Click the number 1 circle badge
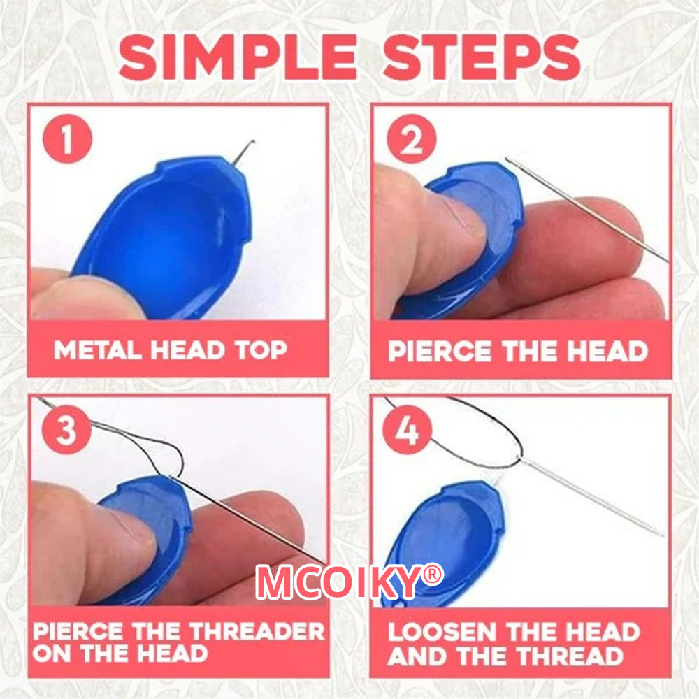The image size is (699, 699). pyautogui.click(x=68, y=139)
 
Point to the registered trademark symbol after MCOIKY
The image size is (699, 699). pyautogui.click(x=433, y=575)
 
